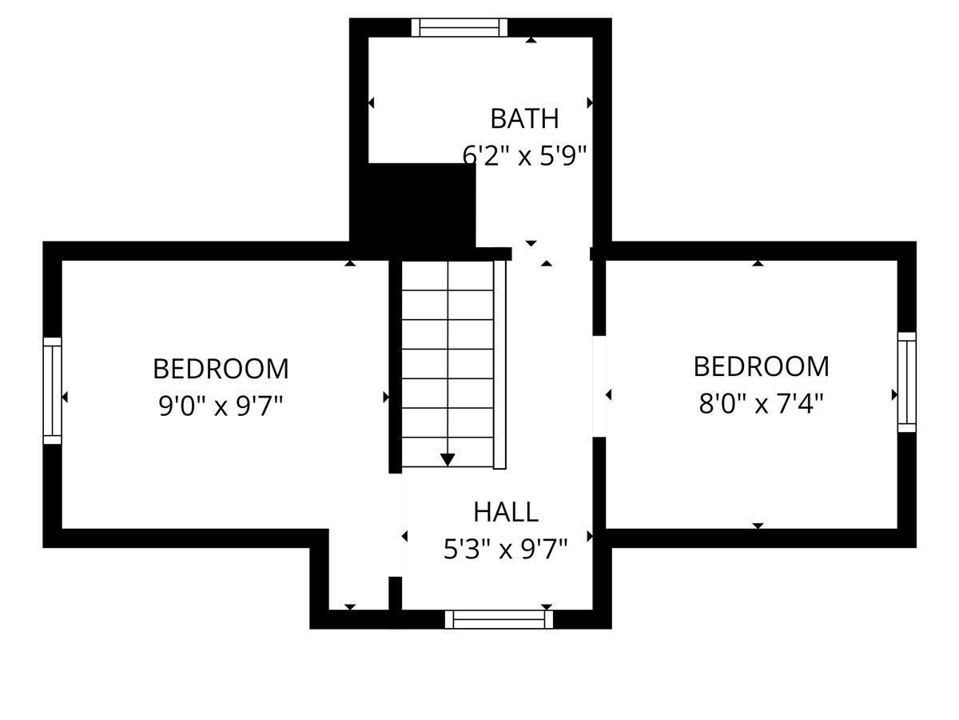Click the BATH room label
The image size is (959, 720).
pyautogui.click(x=524, y=118)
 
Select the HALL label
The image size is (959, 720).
pyautogui.click(x=505, y=511)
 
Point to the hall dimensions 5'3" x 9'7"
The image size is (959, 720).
pyautogui.click(x=505, y=549)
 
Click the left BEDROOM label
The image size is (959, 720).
pyautogui.click(x=221, y=369)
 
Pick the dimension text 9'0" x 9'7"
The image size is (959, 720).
pyautogui.click(x=221, y=406)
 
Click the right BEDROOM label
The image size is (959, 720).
pyautogui.click(x=761, y=366)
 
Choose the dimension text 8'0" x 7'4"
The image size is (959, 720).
pyautogui.click(x=761, y=403)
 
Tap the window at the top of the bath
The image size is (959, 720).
pyautogui.click(x=460, y=27)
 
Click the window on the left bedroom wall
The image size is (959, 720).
pyautogui.click(x=52, y=390)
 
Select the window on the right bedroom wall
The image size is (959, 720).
pyautogui.click(x=906, y=382)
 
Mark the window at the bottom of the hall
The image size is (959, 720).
pyautogui.click(x=499, y=619)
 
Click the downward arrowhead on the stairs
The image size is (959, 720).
pyautogui.click(x=448, y=459)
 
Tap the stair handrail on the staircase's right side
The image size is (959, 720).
pyautogui.click(x=500, y=364)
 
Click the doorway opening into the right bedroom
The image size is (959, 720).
pyautogui.click(x=599, y=386)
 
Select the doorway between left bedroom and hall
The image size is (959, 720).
pyautogui.click(x=396, y=525)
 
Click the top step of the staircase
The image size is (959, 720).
pyautogui.click(x=448, y=275)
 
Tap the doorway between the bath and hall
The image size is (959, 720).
pyautogui.click(x=551, y=253)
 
